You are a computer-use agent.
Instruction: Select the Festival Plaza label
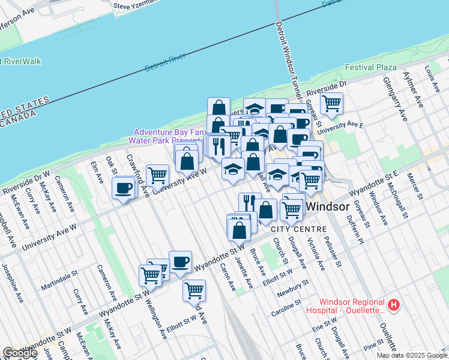(371, 67)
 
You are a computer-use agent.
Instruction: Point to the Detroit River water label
(165, 62)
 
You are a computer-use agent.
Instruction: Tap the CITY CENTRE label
(298, 229)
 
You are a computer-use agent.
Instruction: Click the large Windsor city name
(328, 207)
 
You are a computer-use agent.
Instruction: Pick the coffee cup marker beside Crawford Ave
(124, 188)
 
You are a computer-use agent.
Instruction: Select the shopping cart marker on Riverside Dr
(331, 104)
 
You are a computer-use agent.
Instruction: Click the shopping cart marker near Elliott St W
(194, 290)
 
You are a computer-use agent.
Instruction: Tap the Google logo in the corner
(20, 353)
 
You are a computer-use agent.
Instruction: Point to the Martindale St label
(60, 281)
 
